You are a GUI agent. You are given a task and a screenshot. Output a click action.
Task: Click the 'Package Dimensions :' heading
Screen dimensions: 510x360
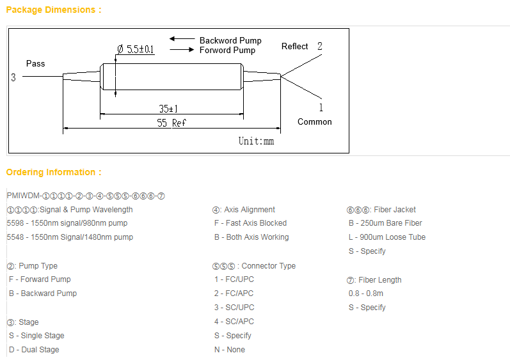[54, 10]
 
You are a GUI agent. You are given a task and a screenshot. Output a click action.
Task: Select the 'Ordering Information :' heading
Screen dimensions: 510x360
[54, 172]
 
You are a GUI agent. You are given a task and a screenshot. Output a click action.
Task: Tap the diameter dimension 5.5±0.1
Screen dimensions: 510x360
[136, 49]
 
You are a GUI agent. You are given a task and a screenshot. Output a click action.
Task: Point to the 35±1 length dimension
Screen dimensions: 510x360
[168, 109]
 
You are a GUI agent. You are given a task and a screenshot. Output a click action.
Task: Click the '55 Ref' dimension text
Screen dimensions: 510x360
[171, 123]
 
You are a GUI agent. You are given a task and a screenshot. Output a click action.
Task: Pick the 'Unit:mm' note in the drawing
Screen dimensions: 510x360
[257, 141]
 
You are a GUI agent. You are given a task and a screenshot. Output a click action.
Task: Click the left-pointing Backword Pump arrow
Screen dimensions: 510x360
[182, 39]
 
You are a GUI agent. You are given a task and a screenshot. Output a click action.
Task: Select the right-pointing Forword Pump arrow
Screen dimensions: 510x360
[182, 49]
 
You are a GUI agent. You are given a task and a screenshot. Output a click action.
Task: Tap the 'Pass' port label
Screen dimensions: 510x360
[35, 63]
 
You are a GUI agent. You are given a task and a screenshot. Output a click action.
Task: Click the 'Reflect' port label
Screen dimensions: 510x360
[295, 47]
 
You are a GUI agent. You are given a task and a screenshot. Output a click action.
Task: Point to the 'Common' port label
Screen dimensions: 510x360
[315, 122]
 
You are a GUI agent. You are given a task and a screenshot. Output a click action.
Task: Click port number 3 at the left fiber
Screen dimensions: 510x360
[13, 77]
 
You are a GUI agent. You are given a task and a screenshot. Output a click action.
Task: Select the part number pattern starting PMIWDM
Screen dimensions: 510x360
[86, 196]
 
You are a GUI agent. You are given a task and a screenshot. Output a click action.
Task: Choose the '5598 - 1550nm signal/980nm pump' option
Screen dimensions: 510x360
[67, 223]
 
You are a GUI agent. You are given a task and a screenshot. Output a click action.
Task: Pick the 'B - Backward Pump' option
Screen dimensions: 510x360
[43, 293]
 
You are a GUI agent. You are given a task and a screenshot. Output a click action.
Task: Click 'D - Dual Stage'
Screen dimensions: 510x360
[34, 350]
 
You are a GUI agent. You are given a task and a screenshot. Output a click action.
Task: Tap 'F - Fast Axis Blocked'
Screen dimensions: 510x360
[250, 223]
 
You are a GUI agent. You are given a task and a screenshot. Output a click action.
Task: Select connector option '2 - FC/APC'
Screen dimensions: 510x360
[234, 293]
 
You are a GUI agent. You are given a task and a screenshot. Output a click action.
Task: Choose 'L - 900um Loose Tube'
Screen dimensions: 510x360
[387, 237]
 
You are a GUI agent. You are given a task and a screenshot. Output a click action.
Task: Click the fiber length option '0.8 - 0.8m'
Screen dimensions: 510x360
[366, 293]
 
